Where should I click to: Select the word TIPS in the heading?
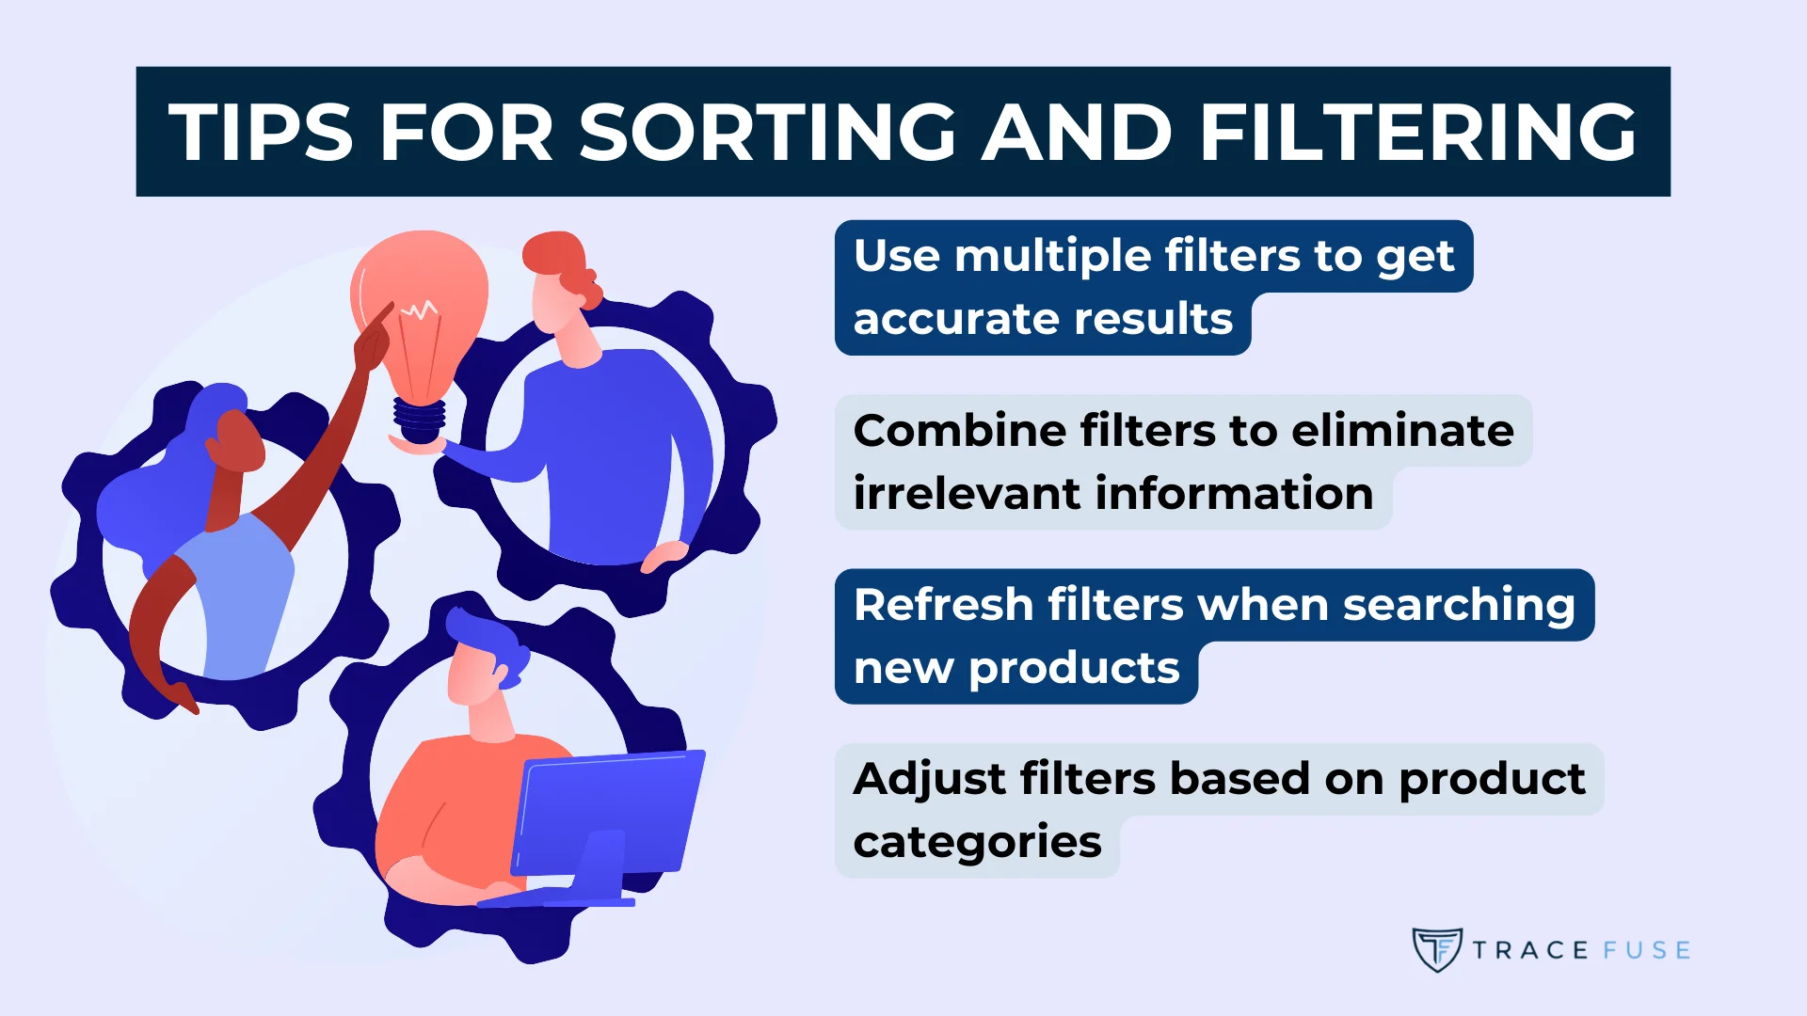pyautogui.click(x=261, y=133)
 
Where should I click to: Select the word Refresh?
pyautogui.click(x=943, y=605)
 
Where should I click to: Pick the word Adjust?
pyautogui.click(x=930, y=780)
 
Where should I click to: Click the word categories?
pyautogui.click(x=977, y=842)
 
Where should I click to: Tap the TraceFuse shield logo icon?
pyautogui.click(x=1436, y=949)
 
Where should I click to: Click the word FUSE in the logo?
pyautogui.click(x=1646, y=950)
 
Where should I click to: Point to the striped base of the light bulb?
pyautogui.click(x=419, y=419)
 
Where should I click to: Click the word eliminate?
pyautogui.click(x=1402, y=431)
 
